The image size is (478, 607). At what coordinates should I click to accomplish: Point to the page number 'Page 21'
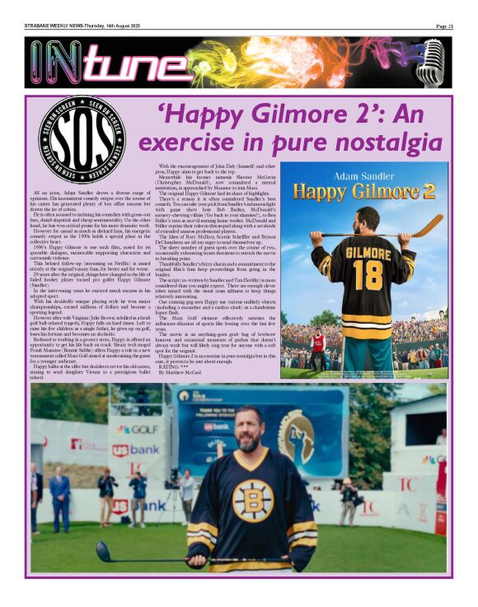(444, 26)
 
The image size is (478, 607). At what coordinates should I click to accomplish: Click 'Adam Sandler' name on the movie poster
(366, 177)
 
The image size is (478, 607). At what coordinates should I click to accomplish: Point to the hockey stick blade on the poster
(428, 225)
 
